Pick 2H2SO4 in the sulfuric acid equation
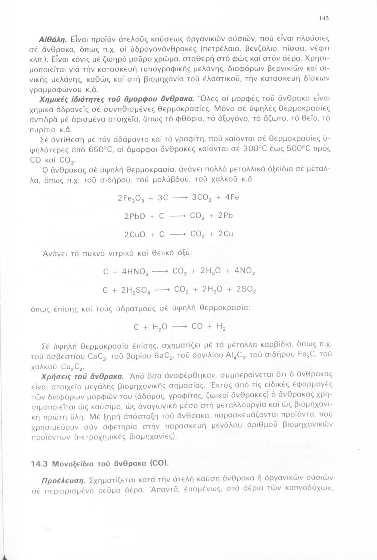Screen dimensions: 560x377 137,289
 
